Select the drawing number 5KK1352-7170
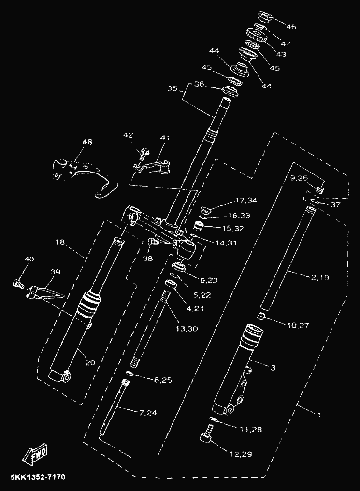(x=38, y=477)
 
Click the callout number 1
(x=319, y=414)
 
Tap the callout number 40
(x=29, y=260)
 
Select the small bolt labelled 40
(x=18, y=284)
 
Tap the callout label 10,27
(x=299, y=325)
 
